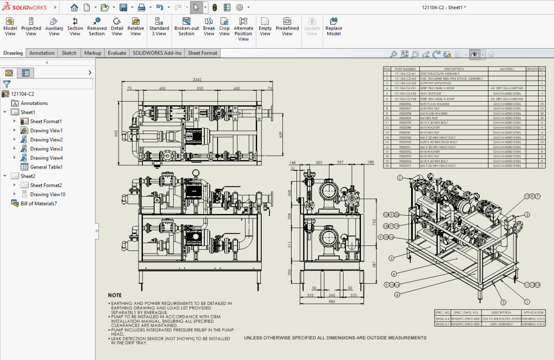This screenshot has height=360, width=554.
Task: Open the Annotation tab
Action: (x=42, y=53)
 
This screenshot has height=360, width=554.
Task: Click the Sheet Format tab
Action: (x=202, y=53)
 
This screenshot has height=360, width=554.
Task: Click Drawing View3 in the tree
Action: (x=46, y=149)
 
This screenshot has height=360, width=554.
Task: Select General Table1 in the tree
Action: (x=46, y=167)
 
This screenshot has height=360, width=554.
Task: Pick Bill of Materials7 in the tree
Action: (x=38, y=203)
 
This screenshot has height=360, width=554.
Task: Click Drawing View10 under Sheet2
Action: (x=48, y=194)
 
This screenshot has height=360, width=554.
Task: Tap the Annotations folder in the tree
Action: (x=34, y=103)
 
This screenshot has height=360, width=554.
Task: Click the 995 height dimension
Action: (x=116, y=134)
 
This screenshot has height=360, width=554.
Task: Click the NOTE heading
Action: (x=115, y=295)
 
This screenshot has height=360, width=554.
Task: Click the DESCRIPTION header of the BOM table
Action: (x=454, y=69)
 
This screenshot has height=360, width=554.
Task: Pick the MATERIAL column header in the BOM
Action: (x=506, y=69)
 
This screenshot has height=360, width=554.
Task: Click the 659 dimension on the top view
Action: (x=280, y=134)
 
